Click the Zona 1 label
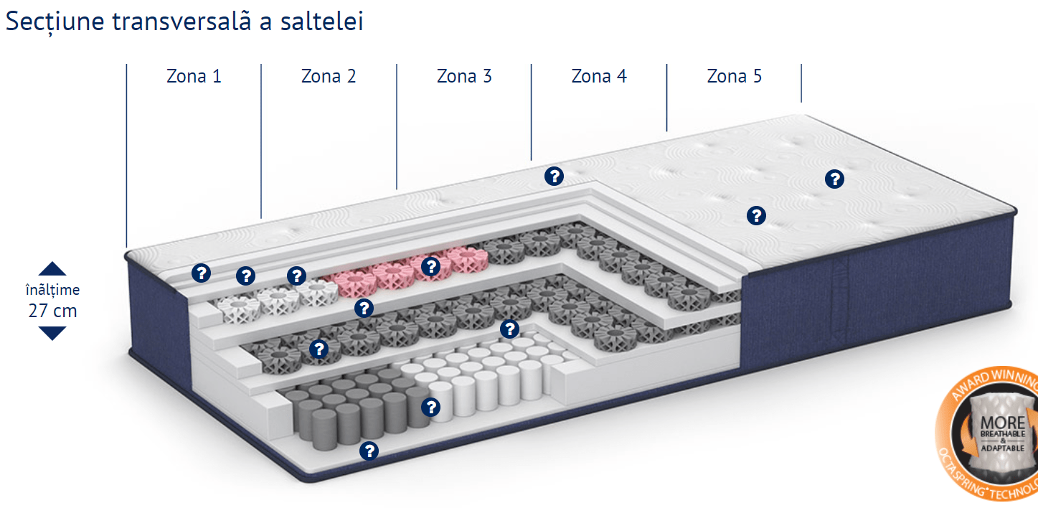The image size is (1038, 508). click(x=194, y=76)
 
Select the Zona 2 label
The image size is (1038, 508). click(x=329, y=76)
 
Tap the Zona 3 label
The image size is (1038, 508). click(x=464, y=76)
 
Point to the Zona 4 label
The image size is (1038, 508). click(x=599, y=76)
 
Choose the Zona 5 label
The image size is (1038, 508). click(x=734, y=76)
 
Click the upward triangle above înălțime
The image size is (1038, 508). click(x=52, y=269)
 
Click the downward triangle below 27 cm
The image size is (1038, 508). click(x=52, y=333)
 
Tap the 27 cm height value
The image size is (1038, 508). click(x=52, y=311)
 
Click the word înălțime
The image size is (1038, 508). click(x=52, y=290)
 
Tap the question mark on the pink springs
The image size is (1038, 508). click(x=430, y=266)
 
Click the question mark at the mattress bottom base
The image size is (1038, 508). click(x=369, y=451)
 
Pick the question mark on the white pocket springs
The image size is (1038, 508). click(x=431, y=408)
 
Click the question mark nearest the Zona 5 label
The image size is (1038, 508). click(x=834, y=179)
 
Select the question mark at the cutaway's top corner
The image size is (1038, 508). click(x=553, y=176)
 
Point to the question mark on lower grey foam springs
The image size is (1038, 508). click(x=318, y=349)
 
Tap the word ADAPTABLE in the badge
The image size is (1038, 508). click(x=1003, y=447)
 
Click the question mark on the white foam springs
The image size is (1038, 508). click(x=246, y=276)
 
